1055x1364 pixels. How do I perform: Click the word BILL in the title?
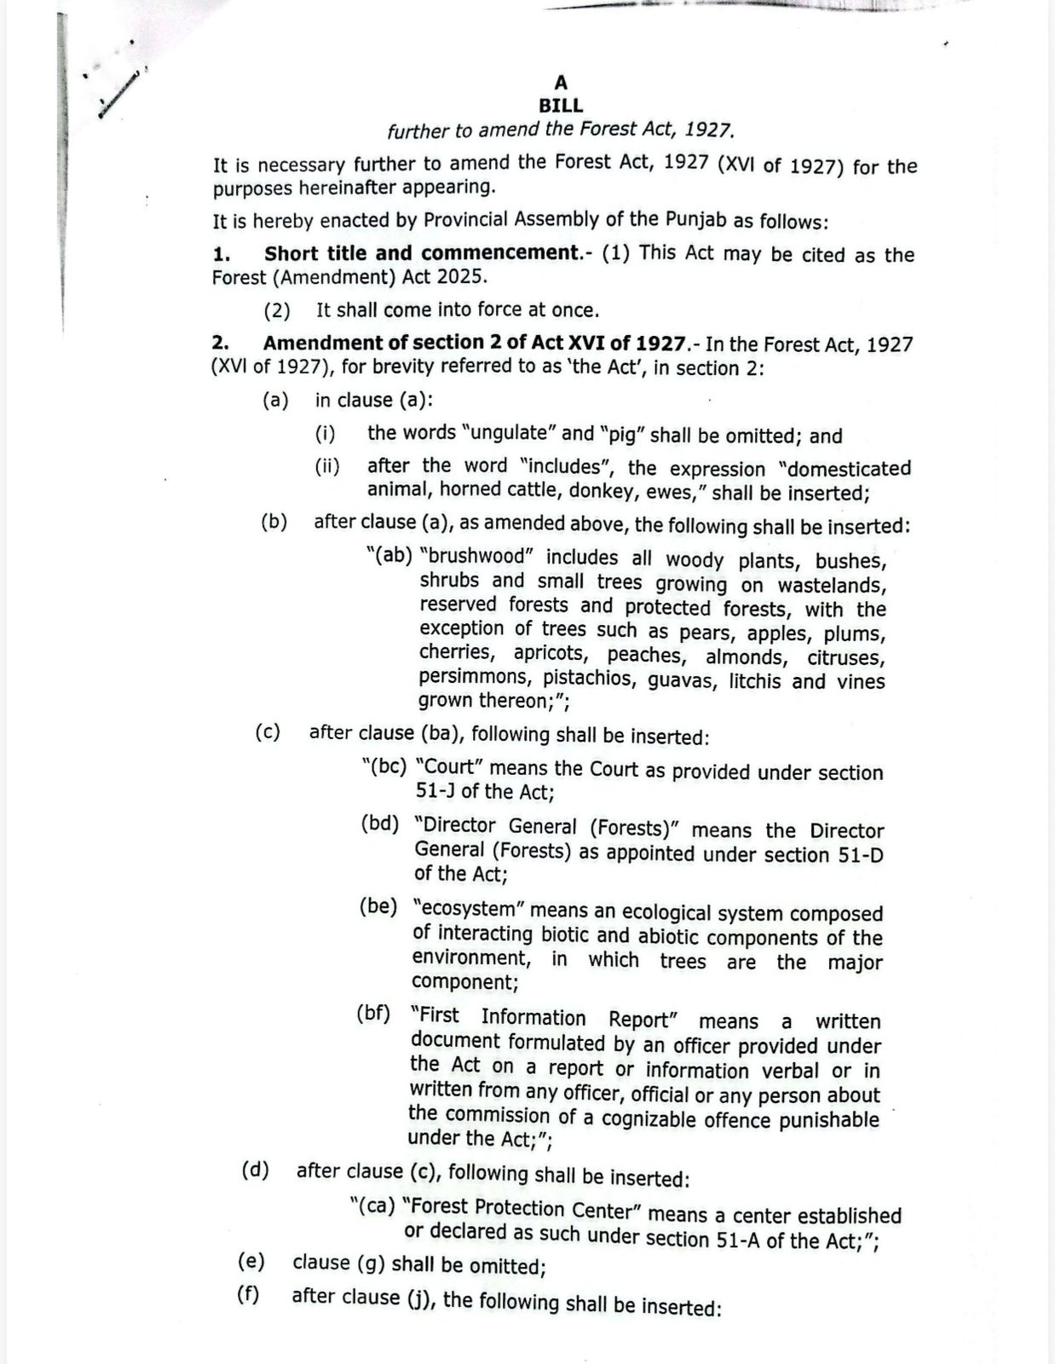(561, 106)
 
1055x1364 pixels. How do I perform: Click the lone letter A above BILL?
(561, 83)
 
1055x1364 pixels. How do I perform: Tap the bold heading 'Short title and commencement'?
(421, 253)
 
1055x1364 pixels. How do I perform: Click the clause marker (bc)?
(384, 766)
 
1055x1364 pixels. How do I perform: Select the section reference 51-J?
(435, 791)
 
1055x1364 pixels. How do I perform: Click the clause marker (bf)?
(373, 1014)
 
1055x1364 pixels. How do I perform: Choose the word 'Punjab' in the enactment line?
(696, 219)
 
